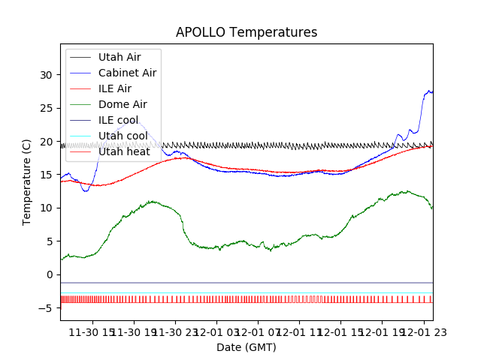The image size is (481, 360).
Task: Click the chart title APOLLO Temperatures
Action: click(x=247, y=32)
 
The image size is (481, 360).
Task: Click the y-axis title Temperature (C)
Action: click(x=27, y=181)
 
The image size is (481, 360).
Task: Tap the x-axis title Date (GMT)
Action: click(x=247, y=347)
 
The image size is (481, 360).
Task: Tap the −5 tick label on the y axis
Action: click(x=47, y=307)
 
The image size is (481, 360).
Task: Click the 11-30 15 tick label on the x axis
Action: click(x=92, y=332)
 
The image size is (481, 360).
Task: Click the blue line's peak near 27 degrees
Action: click(x=429, y=91)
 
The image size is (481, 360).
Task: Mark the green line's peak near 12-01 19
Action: click(x=406, y=191)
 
